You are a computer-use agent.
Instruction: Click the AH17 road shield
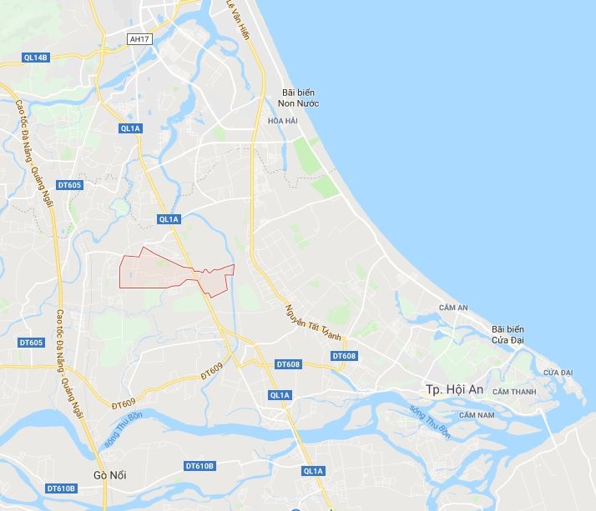139,39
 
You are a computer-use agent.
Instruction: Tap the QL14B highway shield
36,58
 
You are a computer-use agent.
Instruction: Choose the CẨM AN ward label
452,308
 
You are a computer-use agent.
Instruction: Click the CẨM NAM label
477,414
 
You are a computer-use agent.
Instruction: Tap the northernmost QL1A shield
131,128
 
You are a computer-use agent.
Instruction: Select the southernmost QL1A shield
313,471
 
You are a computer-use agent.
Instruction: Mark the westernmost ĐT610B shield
60,488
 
